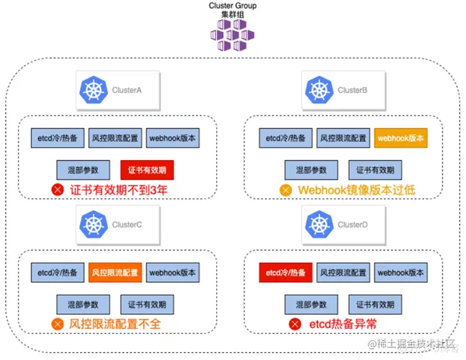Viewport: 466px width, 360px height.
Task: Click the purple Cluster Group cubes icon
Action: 232,33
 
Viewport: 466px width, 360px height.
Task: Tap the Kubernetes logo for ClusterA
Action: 93,90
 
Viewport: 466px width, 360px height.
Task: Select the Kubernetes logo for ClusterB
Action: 319,90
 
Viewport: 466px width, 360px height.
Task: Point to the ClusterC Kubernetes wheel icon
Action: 93,224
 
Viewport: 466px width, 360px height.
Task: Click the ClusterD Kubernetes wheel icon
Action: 319,224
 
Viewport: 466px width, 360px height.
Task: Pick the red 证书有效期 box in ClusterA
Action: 147,169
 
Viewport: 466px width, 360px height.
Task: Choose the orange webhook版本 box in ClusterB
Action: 401,138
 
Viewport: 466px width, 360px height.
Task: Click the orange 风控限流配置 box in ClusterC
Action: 115,272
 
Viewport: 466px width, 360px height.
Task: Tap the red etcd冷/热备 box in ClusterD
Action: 286,272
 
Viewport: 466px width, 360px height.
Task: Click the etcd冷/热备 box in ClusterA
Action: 57,138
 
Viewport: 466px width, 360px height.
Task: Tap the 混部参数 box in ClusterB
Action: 311,169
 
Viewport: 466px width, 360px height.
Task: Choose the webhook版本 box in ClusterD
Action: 401,272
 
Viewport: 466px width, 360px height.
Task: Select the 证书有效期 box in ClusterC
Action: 147,304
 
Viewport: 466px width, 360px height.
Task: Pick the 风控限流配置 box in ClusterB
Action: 343,138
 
